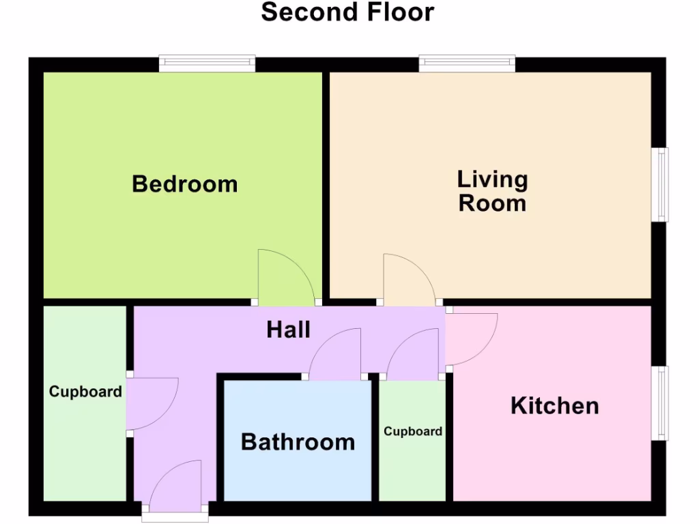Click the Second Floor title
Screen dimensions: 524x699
click(347, 12)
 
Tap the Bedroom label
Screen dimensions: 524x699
click(185, 184)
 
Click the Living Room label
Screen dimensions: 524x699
click(492, 192)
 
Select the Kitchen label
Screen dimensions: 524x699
click(555, 406)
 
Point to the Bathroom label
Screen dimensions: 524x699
click(298, 442)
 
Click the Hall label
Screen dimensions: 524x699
click(289, 330)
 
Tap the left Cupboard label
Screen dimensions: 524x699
click(85, 392)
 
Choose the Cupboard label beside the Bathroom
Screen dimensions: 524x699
click(413, 431)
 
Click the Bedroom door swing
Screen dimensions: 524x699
click(282, 280)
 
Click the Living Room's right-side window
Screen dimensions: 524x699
click(660, 184)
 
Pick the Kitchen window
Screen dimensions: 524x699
click(660, 403)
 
